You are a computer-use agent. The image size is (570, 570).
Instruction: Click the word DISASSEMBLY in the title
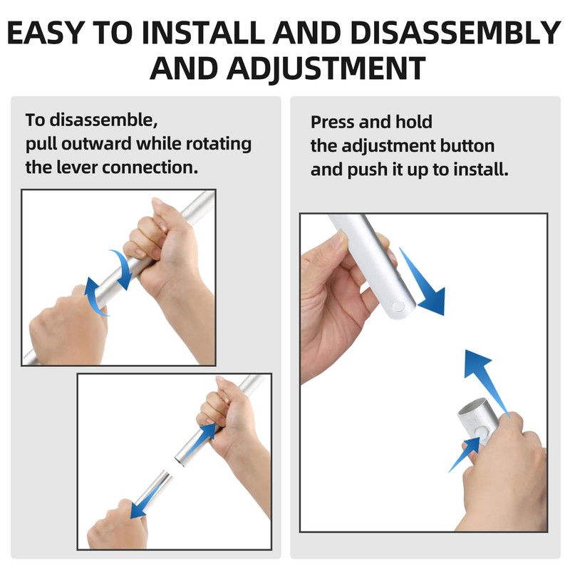pos(456,33)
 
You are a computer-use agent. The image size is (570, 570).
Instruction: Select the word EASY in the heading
pos(46,33)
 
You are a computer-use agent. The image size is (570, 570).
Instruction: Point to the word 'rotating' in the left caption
pos(219,144)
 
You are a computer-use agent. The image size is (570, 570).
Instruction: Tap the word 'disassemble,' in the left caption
pos(103,120)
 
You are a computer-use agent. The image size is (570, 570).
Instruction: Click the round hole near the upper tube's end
pos(398,307)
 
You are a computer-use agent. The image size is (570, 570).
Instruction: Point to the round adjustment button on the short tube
pos(482,432)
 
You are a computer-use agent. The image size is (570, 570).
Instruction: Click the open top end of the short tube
pos(472,407)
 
